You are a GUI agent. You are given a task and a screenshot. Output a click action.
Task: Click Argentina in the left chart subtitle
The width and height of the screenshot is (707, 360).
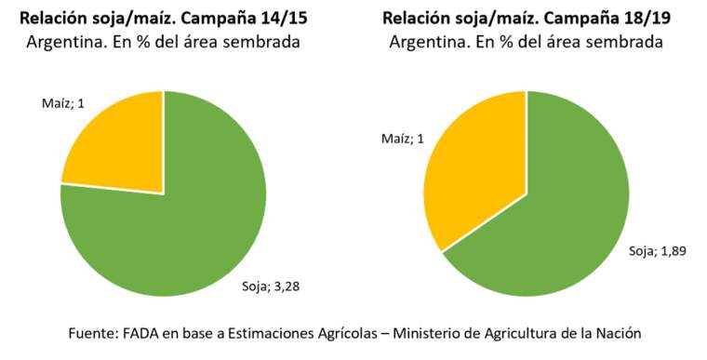click(x=73, y=42)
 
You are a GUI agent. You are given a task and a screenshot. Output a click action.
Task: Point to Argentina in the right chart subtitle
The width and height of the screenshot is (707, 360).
click(x=428, y=42)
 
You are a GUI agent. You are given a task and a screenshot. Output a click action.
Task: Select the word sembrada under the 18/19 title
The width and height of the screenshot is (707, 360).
click(x=622, y=42)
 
